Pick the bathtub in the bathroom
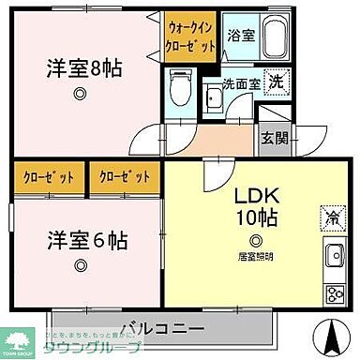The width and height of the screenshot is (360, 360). click(x=273, y=39)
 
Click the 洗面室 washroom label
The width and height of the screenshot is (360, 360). click(x=242, y=82)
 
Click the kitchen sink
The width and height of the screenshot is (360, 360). click(x=335, y=256)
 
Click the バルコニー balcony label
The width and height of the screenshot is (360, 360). click(x=161, y=329)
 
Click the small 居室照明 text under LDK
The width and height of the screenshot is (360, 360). click(x=255, y=254)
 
